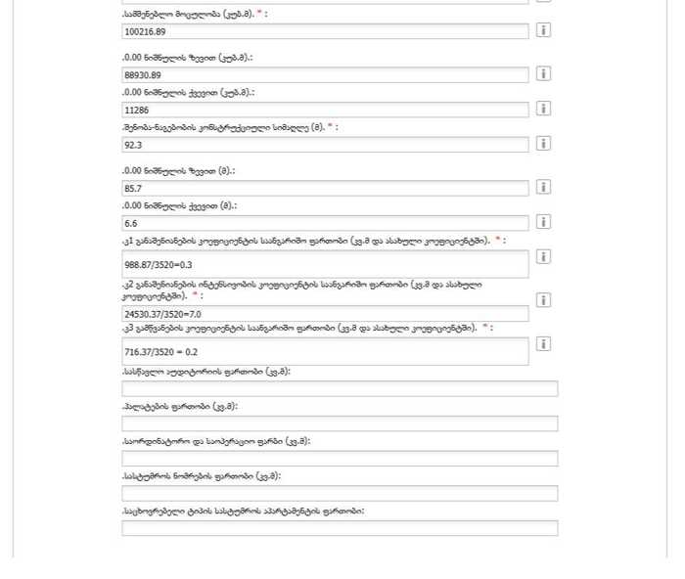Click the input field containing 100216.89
(x=324, y=31)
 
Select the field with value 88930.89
(x=324, y=74)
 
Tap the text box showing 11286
(x=324, y=110)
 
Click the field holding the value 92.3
(x=324, y=145)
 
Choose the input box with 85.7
(x=324, y=188)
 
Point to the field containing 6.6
(x=324, y=223)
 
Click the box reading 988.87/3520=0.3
(x=324, y=264)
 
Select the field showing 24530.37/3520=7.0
(x=324, y=314)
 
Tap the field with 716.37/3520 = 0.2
(x=324, y=351)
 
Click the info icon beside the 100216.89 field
(x=543, y=30)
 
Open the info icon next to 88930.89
(x=543, y=73)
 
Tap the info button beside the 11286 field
(x=543, y=109)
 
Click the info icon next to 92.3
(x=543, y=144)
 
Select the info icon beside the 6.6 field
(x=543, y=222)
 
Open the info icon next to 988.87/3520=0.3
(x=543, y=256)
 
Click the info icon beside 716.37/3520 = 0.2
(x=543, y=344)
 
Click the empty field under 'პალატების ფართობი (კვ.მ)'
(x=340, y=423)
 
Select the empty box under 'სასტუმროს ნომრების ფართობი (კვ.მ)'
(x=340, y=494)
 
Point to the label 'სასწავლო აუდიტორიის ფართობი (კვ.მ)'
(x=206, y=372)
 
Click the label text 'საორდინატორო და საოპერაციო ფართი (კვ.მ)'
(x=216, y=441)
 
